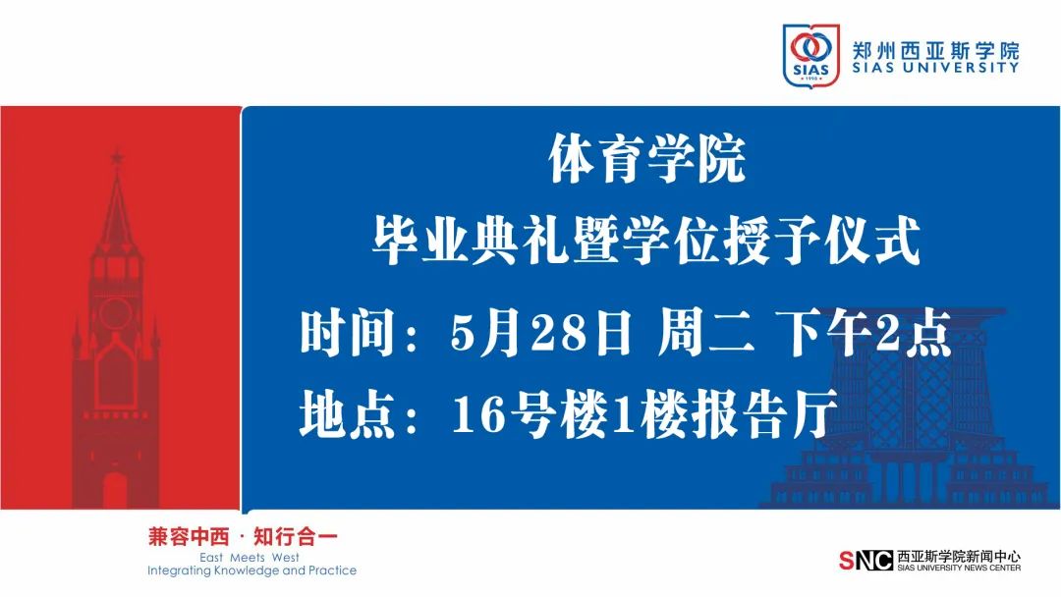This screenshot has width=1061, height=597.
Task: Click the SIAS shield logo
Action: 810,55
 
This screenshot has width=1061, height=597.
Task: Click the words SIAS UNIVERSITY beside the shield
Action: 935,67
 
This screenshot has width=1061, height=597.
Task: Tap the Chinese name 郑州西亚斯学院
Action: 935,50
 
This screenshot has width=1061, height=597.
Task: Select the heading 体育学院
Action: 646,159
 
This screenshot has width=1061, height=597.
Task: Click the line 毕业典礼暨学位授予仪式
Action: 646,240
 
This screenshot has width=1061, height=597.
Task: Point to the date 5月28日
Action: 541,333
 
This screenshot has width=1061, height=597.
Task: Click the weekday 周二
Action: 705,333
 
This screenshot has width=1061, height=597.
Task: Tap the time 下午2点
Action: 866,333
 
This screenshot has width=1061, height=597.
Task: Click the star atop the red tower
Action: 117,157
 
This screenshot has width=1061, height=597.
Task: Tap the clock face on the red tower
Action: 116,312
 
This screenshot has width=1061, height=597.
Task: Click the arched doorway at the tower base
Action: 115,490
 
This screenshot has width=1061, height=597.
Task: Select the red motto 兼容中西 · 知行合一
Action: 243,537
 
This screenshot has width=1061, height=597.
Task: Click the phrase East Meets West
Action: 249,558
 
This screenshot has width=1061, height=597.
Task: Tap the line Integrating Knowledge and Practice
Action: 251,570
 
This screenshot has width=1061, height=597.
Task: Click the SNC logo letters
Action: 866,561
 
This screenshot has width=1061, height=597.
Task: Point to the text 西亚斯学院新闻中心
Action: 959,557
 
